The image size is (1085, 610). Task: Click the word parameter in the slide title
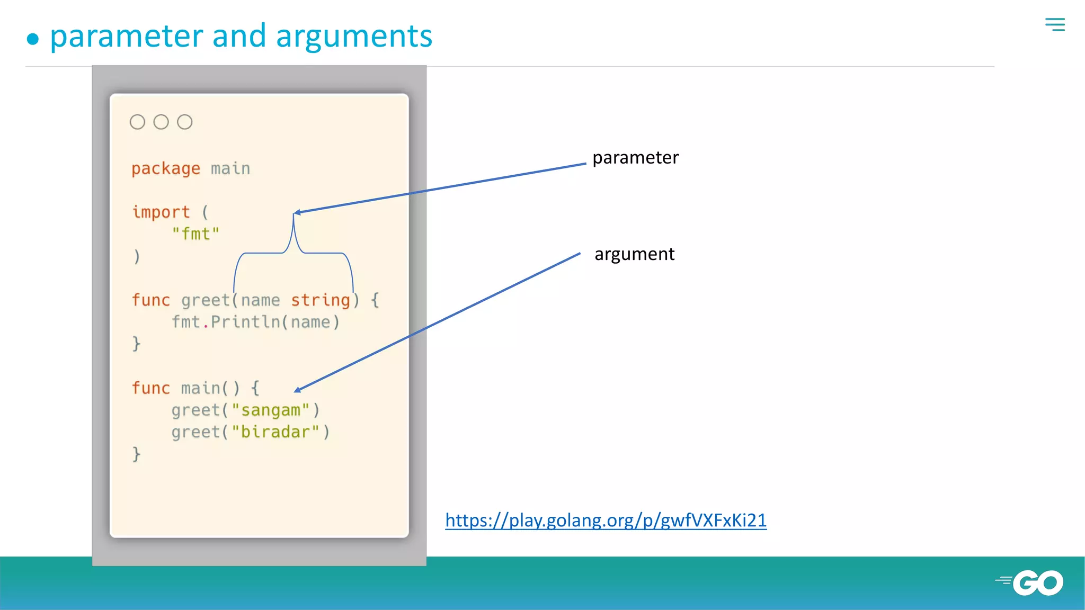126,37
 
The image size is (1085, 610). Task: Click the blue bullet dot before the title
33,39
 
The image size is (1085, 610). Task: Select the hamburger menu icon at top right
1055,24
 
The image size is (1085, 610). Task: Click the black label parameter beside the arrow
635,158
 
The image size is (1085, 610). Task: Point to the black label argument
634,254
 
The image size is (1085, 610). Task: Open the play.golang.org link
606,520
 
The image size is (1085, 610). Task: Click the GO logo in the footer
1037,582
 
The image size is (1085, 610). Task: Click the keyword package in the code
166,168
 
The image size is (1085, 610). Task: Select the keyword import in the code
161,212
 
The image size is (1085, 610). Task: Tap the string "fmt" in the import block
195,234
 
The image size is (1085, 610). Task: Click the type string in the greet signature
321,300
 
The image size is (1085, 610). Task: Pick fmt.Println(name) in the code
255,322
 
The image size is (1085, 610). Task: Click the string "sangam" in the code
270,410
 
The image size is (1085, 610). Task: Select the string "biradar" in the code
275,432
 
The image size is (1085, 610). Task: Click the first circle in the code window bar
137,122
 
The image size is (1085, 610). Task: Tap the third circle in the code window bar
184,122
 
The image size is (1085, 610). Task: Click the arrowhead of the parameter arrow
297,212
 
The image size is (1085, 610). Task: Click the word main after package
230,168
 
